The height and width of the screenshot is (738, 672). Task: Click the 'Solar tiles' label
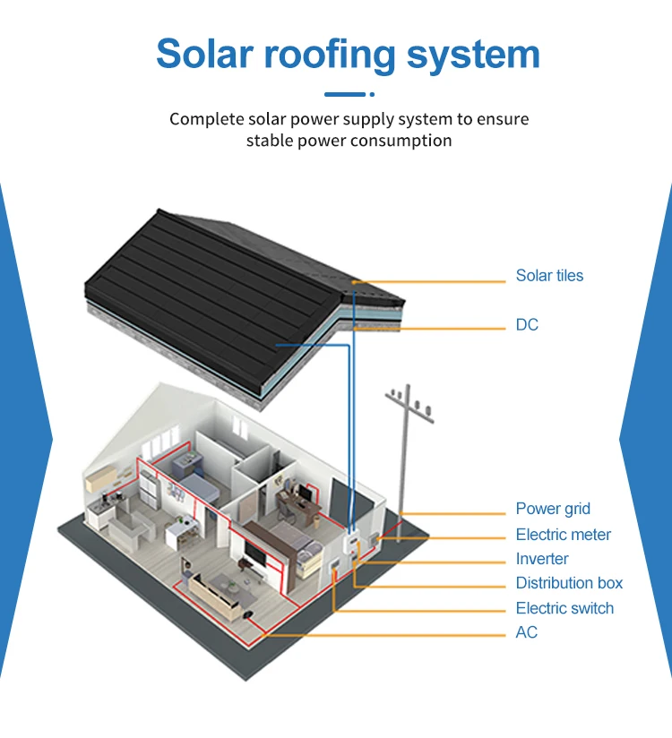tap(549, 276)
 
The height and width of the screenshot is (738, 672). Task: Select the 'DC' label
tap(527, 324)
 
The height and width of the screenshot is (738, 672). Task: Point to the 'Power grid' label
tap(553, 509)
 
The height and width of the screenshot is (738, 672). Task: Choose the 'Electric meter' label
tap(563, 535)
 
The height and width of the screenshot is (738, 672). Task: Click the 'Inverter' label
tap(542, 559)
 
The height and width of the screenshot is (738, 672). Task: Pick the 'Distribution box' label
tap(569, 583)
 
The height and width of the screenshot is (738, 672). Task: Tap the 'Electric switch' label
tap(564, 608)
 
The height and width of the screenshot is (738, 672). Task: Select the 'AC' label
tap(527, 632)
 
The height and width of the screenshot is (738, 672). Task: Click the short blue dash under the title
tap(345, 94)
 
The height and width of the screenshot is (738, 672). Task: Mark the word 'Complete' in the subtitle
tap(205, 119)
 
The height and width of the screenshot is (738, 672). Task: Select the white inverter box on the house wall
tap(351, 545)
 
